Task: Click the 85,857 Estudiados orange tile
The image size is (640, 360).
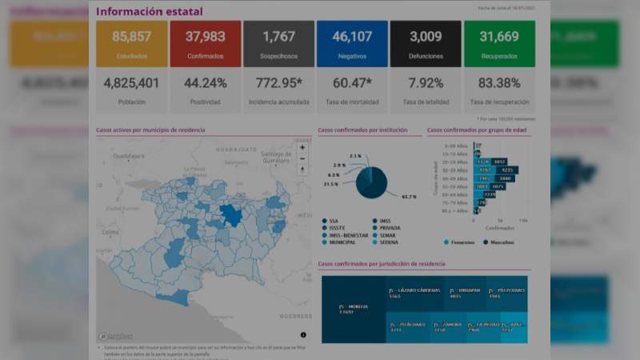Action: pos(132,43)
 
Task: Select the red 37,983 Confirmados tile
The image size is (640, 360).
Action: pos(205,43)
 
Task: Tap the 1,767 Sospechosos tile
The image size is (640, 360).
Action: pos(278,43)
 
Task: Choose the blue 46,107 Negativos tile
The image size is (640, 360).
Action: pos(352,43)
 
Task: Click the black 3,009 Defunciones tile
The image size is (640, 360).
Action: pos(426,43)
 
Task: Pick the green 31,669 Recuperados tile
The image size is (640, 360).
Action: pos(499,43)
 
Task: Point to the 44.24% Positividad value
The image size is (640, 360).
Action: pos(205,83)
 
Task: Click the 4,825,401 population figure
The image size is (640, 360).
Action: pos(132,83)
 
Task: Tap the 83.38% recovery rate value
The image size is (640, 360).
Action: pos(499,83)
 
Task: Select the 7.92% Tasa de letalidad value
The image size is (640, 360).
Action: pos(426,83)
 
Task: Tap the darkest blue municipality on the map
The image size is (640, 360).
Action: pos(231,214)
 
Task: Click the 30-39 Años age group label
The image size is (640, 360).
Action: pos(461,170)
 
